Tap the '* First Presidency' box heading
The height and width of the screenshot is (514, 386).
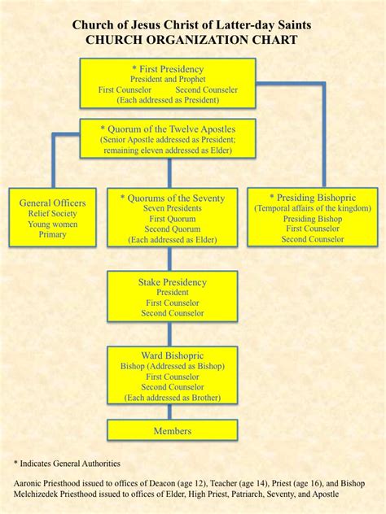168,69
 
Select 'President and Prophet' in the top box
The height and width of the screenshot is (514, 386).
168,80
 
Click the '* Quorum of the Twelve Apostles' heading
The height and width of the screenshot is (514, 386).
168,128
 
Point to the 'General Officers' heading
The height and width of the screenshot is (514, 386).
53,202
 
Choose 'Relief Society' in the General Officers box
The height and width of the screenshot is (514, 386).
52,213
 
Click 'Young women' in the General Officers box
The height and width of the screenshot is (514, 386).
52,224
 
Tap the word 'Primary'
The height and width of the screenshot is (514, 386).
52,234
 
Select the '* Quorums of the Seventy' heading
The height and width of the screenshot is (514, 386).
172,198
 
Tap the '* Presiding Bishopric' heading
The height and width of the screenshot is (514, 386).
312,197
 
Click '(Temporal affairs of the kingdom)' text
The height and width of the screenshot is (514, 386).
312,208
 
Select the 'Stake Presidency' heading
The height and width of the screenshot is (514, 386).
173,282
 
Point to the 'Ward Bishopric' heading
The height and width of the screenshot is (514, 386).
172,355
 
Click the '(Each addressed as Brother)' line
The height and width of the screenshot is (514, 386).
172,398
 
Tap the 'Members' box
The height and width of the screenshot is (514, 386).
172,430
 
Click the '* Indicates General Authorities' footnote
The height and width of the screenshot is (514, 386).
67,463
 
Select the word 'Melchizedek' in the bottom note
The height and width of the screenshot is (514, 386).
40,494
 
